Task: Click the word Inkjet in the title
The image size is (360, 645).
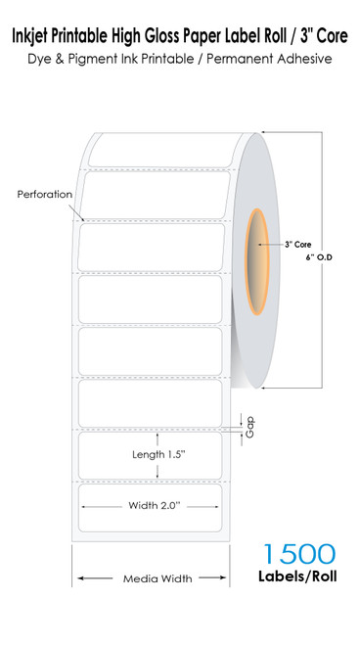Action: coord(32,35)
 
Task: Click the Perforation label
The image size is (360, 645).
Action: coord(45,194)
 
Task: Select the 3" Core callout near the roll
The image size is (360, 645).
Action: coord(297,245)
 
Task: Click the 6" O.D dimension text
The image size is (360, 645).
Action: coord(321,256)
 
